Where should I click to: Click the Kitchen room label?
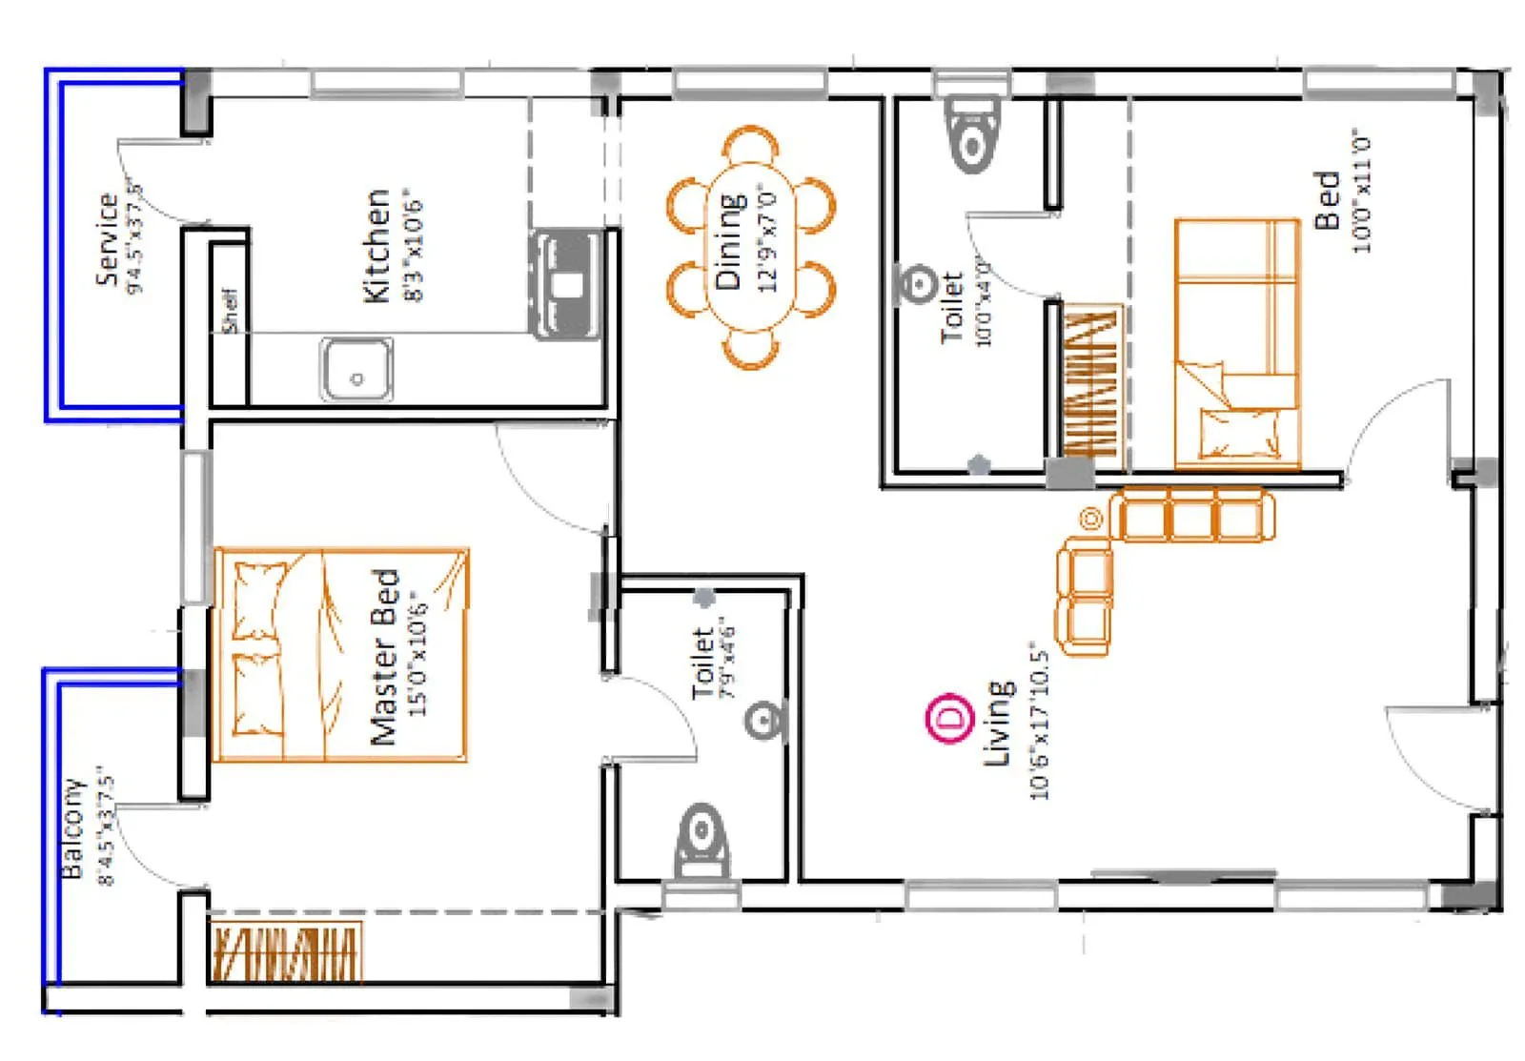pyautogui.click(x=377, y=246)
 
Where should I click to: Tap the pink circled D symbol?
pyautogui.click(x=950, y=718)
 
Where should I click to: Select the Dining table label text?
pyautogui.click(x=729, y=241)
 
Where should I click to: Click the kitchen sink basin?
pyautogui.click(x=356, y=370)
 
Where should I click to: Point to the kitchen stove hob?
pyautogui.click(x=567, y=283)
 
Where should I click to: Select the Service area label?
pyautogui.click(x=107, y=238)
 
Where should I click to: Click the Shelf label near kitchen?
pyautogui.click(x=229, y=311)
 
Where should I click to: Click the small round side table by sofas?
pyautogui.click(x=1090, y=519)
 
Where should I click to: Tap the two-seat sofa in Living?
pyautogui.click(x=1085, y=597)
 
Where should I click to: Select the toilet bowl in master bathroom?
pyautogui.click(x=702, y=844)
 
